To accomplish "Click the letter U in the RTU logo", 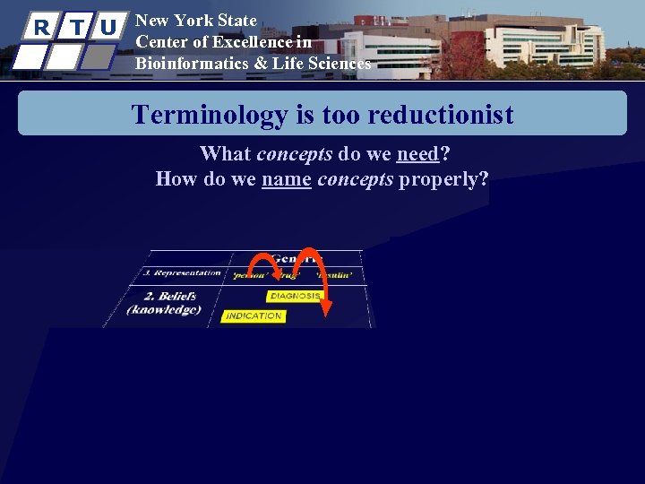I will (107, 27).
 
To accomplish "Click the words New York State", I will (195, 20).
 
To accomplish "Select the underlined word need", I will (417, 153).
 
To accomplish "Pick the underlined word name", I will (286, 178).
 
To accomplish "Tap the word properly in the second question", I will (443, 178).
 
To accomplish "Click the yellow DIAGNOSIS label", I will (294, 296).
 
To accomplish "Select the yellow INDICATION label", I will (254, 315).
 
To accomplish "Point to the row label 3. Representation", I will (182, 272).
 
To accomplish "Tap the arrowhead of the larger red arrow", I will (326, 308).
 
